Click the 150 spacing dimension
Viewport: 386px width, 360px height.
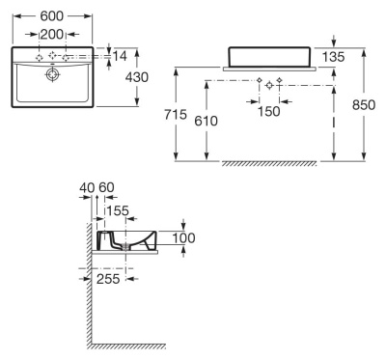[x=269, y=112]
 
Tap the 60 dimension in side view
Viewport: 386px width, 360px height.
[x=105, y=186]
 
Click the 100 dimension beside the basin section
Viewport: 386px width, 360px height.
[x=183, y=238]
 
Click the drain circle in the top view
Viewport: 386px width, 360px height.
[x=53, y=72]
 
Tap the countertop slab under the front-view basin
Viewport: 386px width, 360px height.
[x=270, y=69]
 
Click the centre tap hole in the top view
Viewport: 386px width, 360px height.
[x=53, y=58]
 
